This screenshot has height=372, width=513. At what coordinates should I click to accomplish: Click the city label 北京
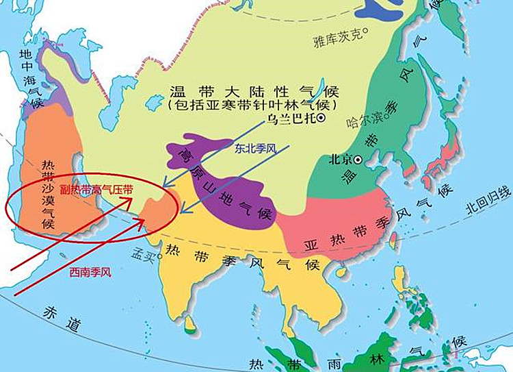340,160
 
